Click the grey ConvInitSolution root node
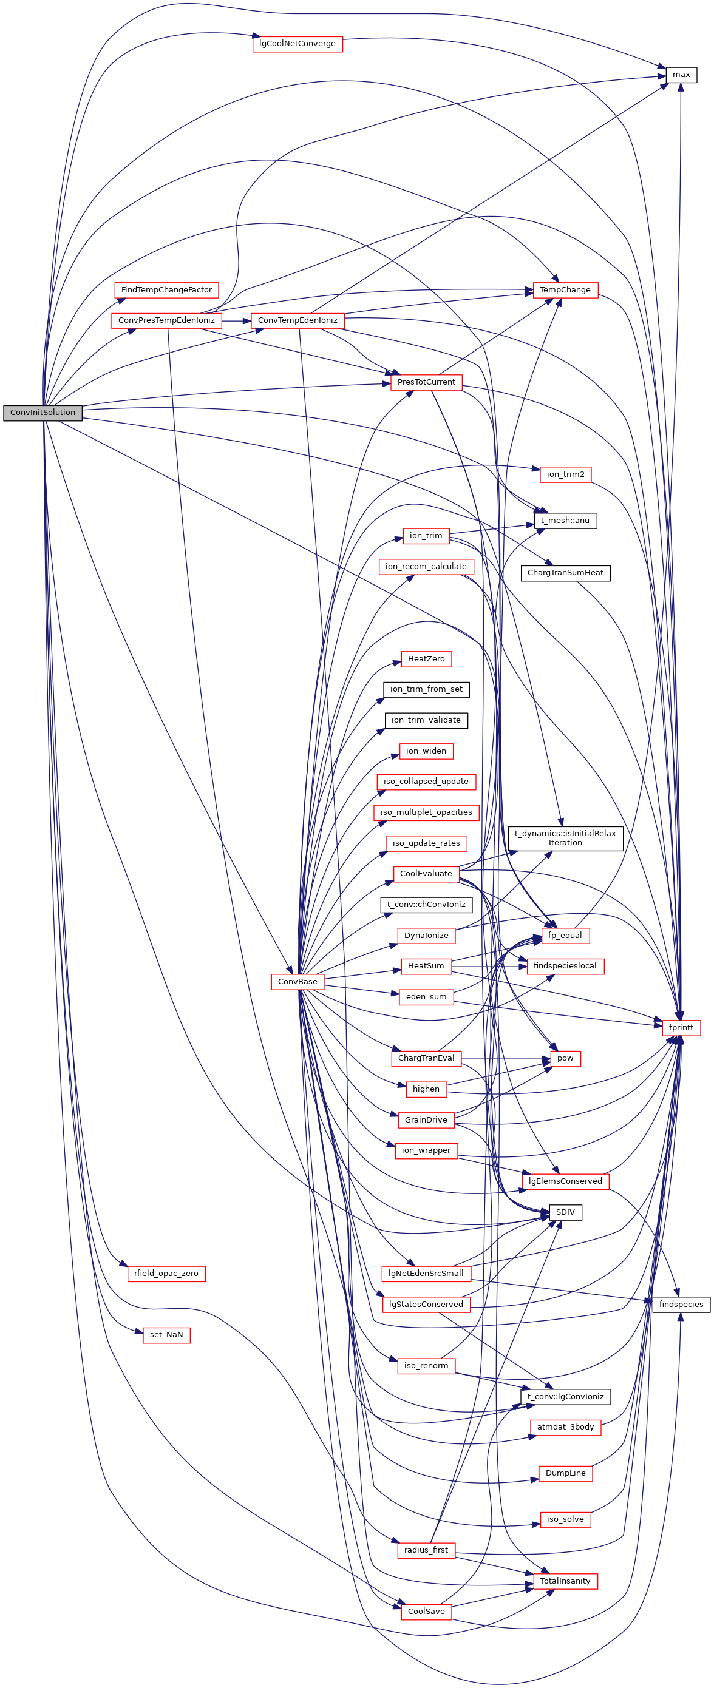coord(42,412)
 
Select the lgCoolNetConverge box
coord(297,44)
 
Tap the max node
coord(681,75)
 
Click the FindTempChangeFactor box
coord(166,289)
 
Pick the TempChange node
coord(565,289)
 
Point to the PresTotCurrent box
coord(426,382)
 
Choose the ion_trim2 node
coord(565,474)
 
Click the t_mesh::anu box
coord(565,520)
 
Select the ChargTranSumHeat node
coord(565,573)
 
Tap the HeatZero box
coord(426,658)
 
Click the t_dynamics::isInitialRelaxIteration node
coord(565,838)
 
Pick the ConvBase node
coord(297,981)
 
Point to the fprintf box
coord(681,1027)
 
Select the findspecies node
coord(681,1304)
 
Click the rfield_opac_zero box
coord(166,1273)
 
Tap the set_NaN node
coord(166,1335)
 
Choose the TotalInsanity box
coord(565,1581)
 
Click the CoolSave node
coord(426,1612)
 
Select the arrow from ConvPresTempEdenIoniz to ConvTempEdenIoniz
coord(237,320)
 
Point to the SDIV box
coord(565,1212)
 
